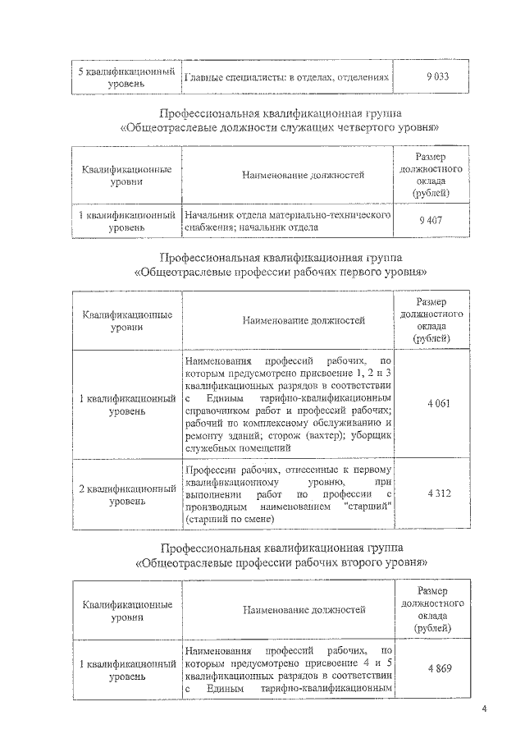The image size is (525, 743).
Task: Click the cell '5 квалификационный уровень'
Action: click(x=127, y=77)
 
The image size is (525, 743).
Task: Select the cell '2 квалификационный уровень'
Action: click(x=127, y=494)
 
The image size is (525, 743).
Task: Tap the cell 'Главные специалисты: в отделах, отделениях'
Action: click(x=285, y=77)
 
